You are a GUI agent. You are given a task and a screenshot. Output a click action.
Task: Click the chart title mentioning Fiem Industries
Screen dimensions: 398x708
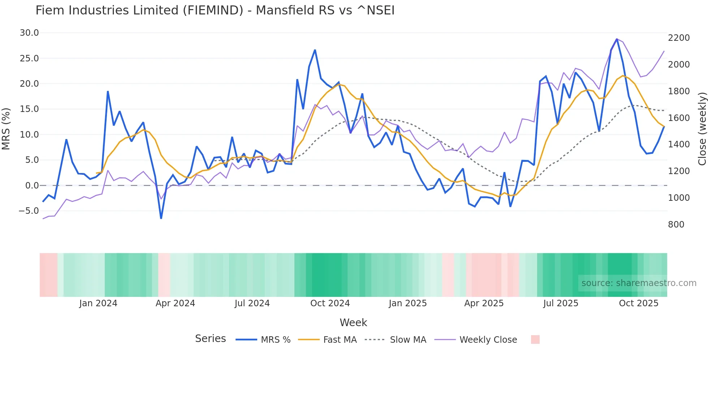click(x=215, y=10)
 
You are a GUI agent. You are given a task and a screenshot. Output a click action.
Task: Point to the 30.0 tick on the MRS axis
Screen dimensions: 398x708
click(x=29, y=33)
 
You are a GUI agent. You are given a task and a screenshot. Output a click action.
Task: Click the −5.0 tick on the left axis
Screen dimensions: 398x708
click(x=29, y=211)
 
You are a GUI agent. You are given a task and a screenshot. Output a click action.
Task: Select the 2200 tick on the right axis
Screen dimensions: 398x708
click(x=679, y=38)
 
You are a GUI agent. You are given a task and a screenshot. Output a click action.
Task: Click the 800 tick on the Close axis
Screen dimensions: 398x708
click(x=676, y=225)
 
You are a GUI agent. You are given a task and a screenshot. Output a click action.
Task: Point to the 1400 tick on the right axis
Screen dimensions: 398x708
click(x=679, y=144)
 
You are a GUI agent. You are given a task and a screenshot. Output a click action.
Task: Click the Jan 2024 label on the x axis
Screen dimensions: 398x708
click(x=98, y=303)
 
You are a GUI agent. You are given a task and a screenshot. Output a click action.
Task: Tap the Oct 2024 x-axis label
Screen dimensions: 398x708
click(x=330, y=303)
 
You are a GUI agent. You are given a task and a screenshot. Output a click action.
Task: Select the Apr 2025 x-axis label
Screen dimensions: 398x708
click(x=484, y=303)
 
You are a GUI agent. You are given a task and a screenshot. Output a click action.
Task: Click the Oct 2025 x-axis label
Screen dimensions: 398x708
click(x=638, y=303)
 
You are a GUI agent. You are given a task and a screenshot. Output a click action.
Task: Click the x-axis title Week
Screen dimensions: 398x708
click(x=353, y=323)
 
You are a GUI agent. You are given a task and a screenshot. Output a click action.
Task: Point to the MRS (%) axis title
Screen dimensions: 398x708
click(x=6, y=129)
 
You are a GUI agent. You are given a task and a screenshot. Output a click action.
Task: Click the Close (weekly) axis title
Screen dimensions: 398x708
click(x=702, y=129)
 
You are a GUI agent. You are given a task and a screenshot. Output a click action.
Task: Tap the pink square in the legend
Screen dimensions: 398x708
click(x=535, y=339)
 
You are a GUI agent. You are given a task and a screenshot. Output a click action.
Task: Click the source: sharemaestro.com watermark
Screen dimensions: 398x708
click(x=639, y=283)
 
